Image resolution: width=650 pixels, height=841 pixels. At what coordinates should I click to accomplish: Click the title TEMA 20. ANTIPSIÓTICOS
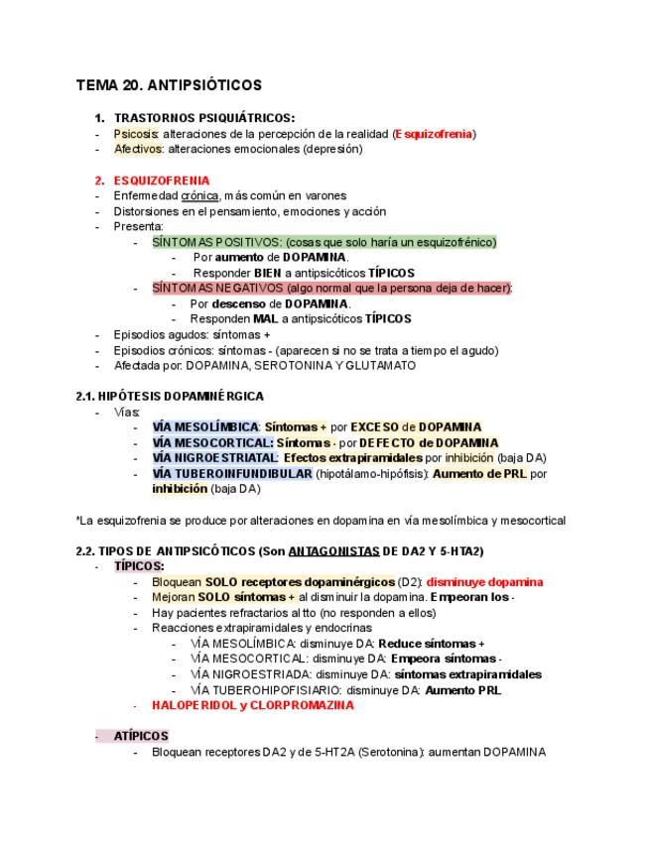click(x=169, y=86)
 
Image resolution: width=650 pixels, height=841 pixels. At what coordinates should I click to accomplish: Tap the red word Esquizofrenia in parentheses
click(x=434, y=134)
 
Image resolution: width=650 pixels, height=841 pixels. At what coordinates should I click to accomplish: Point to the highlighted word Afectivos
click(x=138, y=150)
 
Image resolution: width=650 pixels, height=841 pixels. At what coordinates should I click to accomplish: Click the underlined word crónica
click(x=199, y=196)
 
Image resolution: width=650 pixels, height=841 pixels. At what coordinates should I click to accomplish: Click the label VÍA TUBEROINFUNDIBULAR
click(x=231, y=474)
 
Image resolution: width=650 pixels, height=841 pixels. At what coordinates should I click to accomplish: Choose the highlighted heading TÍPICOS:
click(x=138, y=566)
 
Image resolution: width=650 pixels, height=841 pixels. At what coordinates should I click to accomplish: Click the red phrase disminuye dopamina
click(x=485, y=582)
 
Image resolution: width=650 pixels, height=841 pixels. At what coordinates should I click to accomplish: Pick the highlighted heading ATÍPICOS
click(x=140, y=736)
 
